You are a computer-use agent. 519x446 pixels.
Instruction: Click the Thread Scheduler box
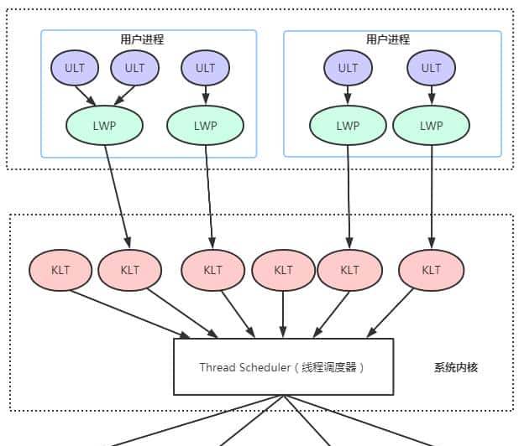coord(283,366)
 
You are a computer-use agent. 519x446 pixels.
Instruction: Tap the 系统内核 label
coord(456,367)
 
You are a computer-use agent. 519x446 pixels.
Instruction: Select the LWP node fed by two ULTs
coord(104,126)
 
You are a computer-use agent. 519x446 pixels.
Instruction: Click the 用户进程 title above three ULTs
coord(142,39)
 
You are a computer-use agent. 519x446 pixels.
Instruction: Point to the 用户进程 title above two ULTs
coord(388,39)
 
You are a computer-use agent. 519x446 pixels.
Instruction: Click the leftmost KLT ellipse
coord(60,270)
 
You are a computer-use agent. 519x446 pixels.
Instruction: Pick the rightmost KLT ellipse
coord(431,270)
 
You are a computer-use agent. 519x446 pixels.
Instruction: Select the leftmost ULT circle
coord(76,68)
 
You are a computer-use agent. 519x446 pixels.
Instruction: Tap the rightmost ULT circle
coord(431,68)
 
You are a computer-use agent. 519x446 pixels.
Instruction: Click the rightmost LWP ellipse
coord(431,126)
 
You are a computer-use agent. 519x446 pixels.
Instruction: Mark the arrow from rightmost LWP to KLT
coord(431,197)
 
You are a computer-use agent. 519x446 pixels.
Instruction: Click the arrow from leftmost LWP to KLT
coord(117,197)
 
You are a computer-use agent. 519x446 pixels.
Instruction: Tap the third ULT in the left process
coord(205,68)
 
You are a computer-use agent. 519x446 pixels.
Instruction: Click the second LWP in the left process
coord(205,126)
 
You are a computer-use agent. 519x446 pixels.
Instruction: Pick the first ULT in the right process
coord(348,68)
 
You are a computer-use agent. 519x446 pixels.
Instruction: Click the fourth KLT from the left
coord(283,270)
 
